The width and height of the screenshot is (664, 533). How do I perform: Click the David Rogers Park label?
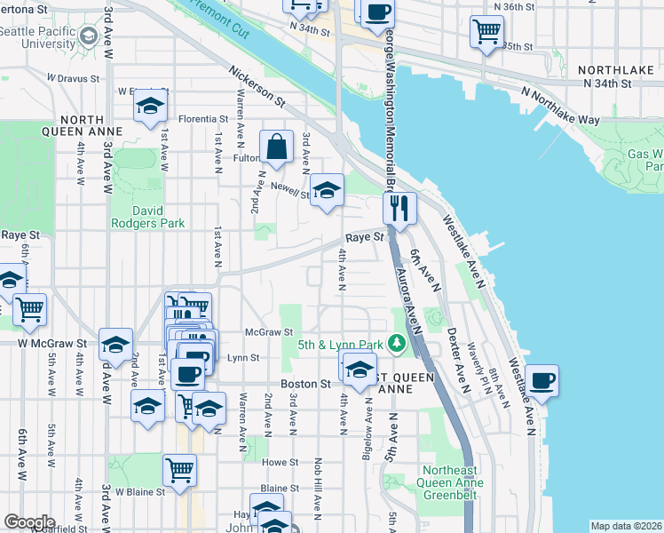pos(146,217)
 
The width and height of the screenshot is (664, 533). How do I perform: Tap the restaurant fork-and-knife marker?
pos(399,209)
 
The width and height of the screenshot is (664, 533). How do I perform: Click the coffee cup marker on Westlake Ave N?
pos(541,380)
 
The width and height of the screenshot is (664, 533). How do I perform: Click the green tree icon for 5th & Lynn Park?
pos(400,343)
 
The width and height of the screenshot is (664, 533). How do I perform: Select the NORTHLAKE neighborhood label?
pos(615,68)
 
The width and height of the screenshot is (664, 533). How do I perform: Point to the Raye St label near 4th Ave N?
pos(364,237)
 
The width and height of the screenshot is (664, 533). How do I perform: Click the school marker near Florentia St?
pos(152,106)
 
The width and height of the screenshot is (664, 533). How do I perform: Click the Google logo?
pos(29,521)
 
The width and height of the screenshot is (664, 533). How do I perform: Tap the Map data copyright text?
pos(626,526)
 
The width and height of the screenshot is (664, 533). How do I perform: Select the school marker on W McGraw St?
pos(115,344)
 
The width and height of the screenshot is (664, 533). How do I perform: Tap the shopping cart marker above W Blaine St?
pos(179,468)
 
